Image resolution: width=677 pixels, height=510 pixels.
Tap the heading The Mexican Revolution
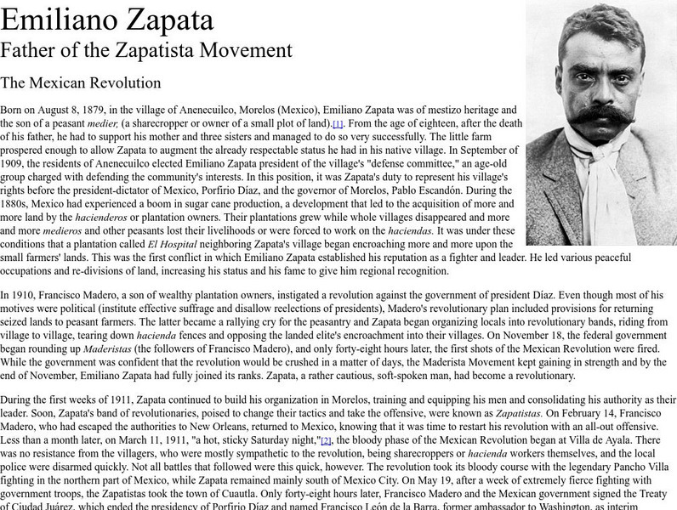point(81,83)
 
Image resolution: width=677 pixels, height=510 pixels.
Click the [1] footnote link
point(338,124)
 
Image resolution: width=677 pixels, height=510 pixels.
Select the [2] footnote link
point(326,439)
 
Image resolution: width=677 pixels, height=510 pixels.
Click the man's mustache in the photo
point(600,112)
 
